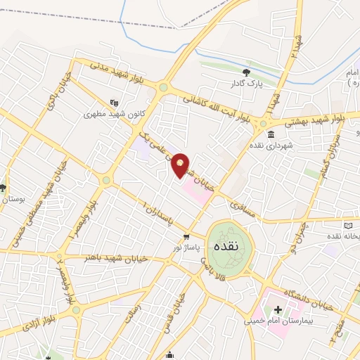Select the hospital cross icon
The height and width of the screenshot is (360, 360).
point(277,309)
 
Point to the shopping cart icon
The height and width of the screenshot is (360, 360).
point(186,237)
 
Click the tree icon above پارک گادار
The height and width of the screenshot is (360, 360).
point(245,72)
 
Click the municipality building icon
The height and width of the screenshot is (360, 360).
point(271,133)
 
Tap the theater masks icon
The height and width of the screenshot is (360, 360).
point(115,102)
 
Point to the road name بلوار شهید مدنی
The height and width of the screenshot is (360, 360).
point(115,74)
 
